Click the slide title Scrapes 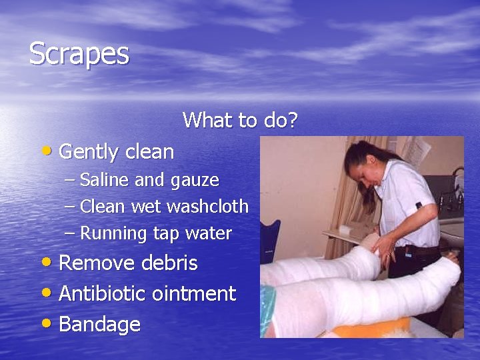[x=79, y=53]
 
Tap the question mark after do [x=291, y=120]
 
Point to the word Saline [x=105, y=180]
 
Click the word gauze [x=195, y=181]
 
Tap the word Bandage [x=100, y=325]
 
